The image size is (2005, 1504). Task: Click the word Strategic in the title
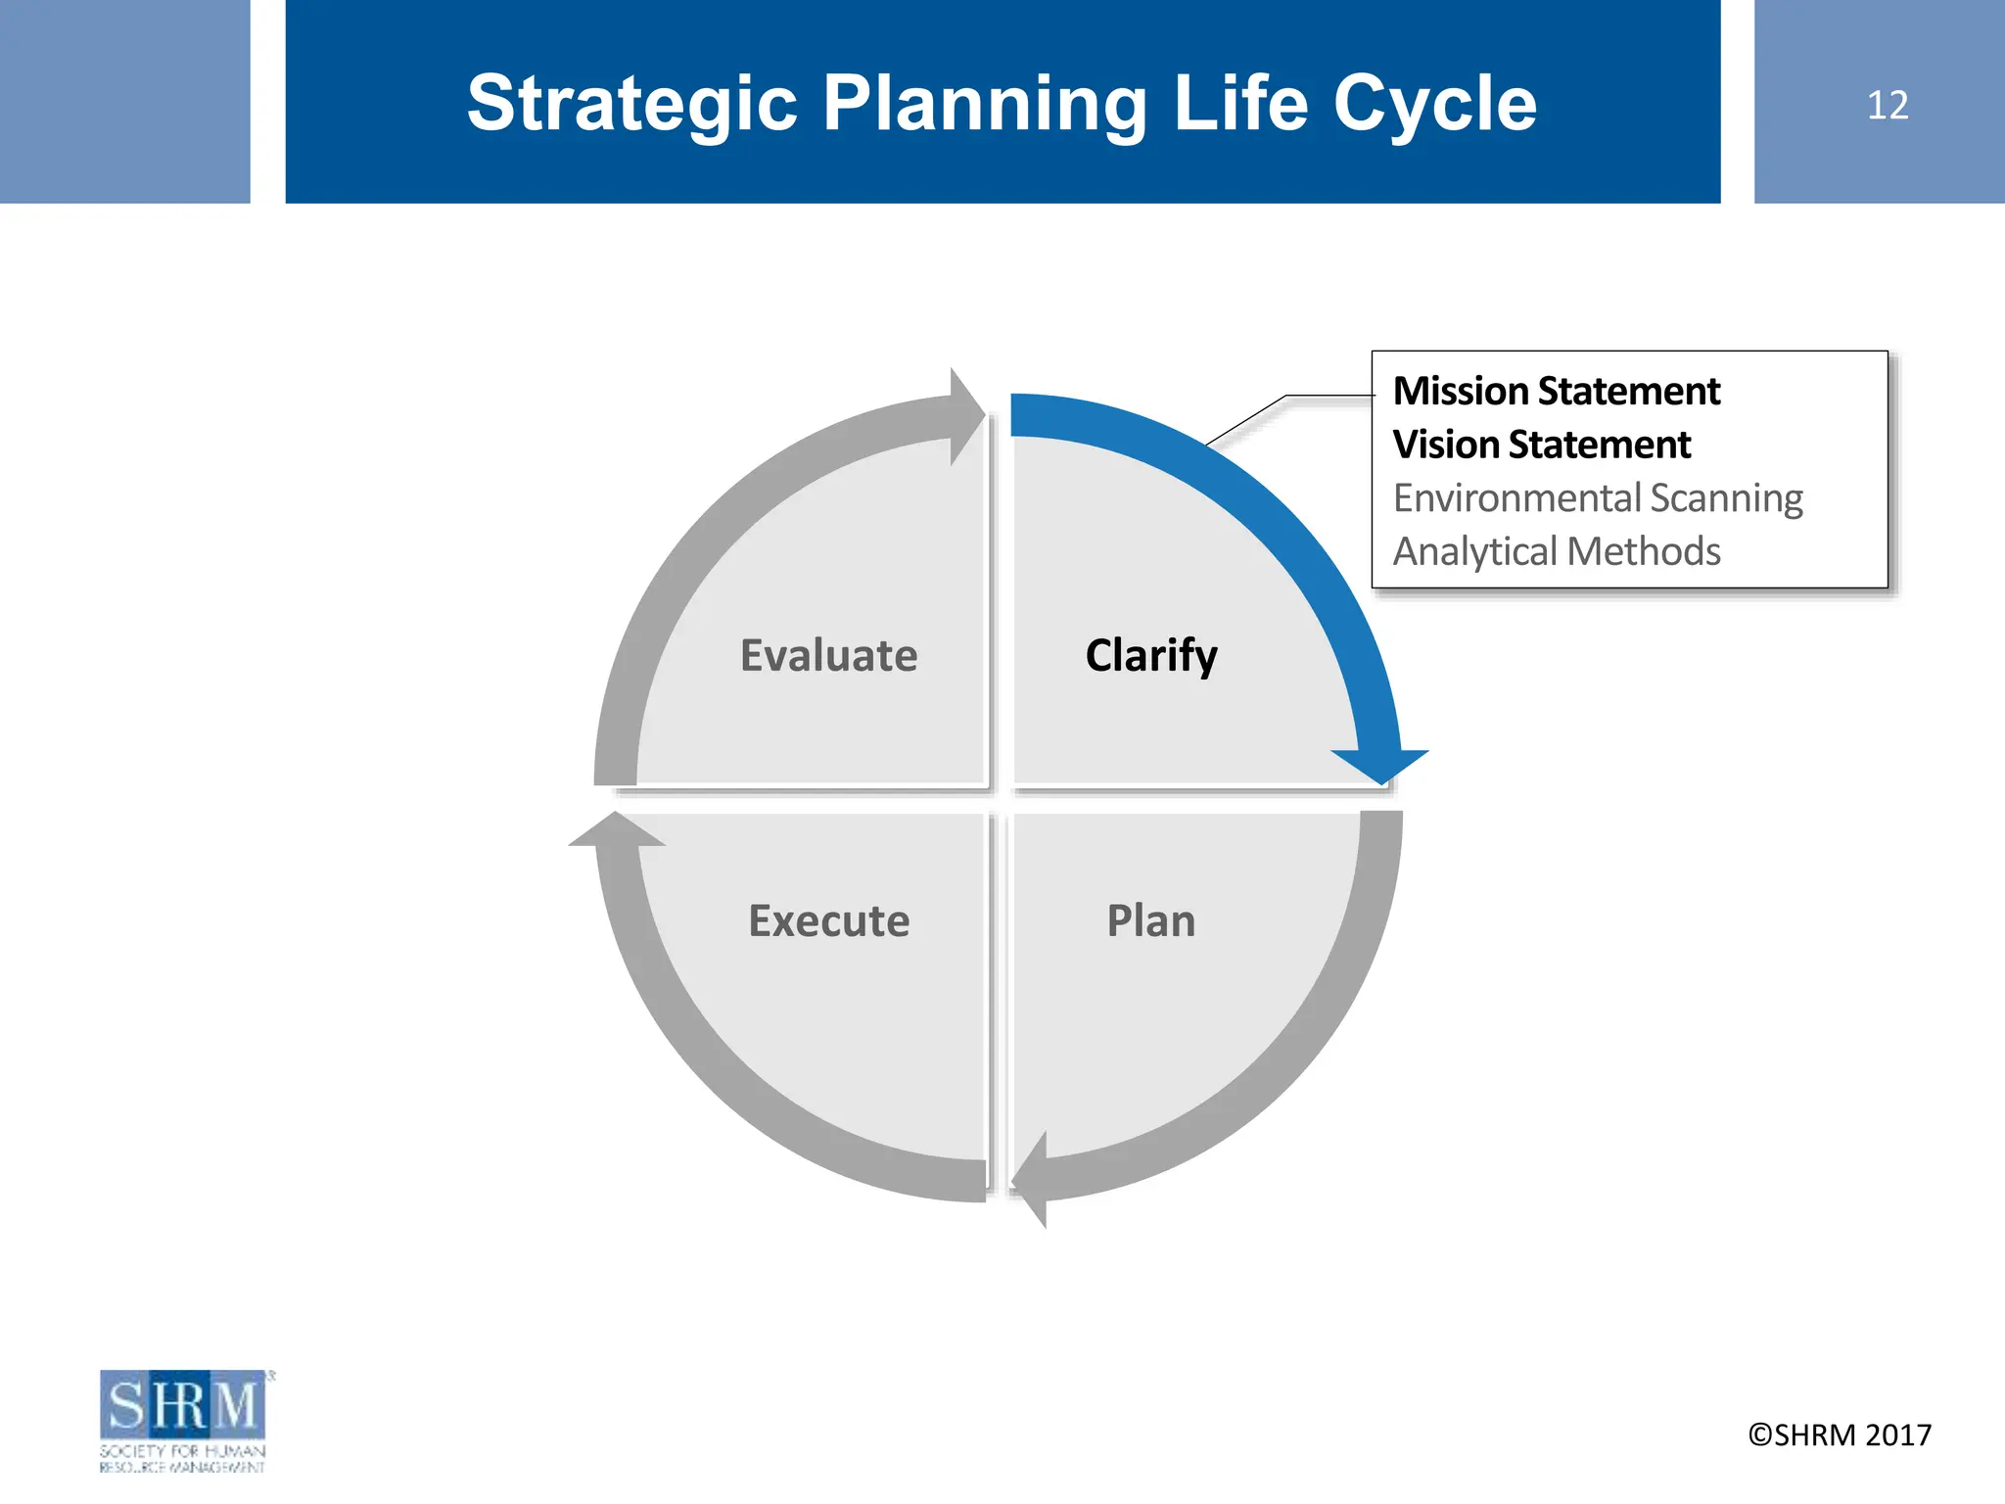[x=631, y=103]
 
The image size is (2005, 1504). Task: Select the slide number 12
[x=1887, y=105]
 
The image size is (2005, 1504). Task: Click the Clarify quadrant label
[x=1151, y=655]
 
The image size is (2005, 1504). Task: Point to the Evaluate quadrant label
[x=828, y=655]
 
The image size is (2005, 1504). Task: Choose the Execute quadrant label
[x=828, y=920]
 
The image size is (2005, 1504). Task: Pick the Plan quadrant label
[x=1151, y=920]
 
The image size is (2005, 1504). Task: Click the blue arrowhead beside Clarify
[x=1380, y=766]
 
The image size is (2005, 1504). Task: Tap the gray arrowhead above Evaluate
[x=965, y=415]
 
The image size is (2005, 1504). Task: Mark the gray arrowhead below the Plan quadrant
[x=1032, y=1180]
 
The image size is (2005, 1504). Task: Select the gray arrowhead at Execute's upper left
[x=617, y=830]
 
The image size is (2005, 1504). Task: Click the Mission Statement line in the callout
[x=1556, y=391]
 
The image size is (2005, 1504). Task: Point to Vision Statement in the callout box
[x=1541, y=445]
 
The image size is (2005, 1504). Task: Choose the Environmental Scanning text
[x=1597, y=498]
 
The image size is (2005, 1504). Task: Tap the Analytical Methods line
[x=1556, y=551]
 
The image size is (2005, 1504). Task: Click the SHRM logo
[x=183, y=1419]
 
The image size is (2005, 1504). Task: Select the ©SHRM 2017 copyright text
[x=1840, y=1434]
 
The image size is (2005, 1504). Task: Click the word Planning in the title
[x=984, y=103]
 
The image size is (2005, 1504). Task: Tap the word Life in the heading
[x=1240, y=103]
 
